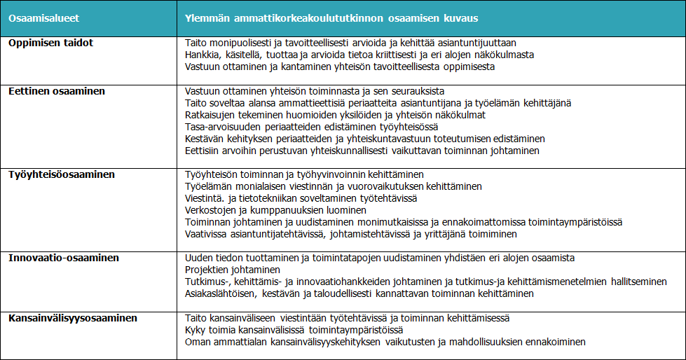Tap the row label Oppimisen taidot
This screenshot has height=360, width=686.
[x=50, y=43]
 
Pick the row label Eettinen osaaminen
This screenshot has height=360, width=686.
[x=57, y=91]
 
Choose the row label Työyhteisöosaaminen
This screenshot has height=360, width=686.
[x=62, y=174]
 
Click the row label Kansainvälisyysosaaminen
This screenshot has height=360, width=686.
[x=73, y=318]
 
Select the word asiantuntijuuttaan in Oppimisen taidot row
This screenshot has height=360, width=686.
[x=485, y=43]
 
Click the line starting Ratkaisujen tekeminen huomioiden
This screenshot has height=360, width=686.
[x=331, y=115]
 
